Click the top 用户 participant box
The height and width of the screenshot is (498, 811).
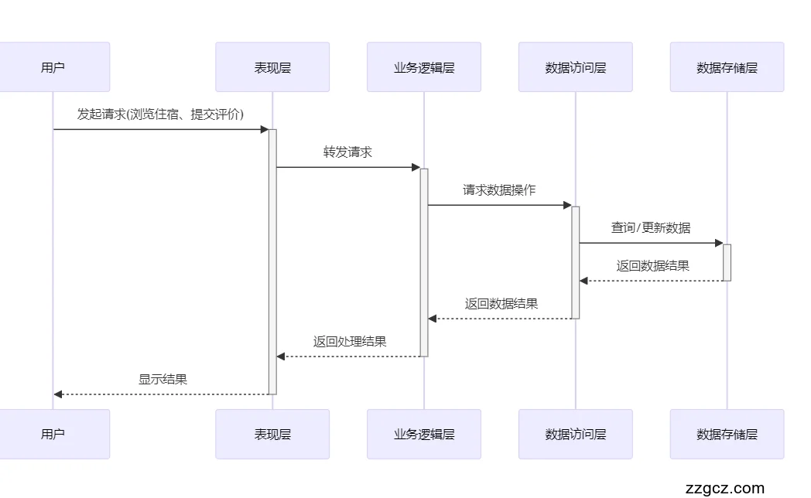[53, 67]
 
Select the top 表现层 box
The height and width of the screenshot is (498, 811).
[272, 67]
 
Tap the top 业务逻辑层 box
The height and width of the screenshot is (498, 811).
[424, 67]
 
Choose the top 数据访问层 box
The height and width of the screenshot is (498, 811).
[576, 67]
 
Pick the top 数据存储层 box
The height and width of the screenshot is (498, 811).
[727, 67]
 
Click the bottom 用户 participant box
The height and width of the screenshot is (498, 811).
[53, 434]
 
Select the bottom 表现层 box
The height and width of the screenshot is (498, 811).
[272, 434]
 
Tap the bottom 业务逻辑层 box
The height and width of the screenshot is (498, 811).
[424, 434]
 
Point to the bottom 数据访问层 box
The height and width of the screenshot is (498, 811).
[576, 434]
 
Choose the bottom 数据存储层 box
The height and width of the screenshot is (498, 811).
[727, 434]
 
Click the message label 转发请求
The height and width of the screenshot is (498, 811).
[347, 152]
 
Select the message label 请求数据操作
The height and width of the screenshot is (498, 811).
[499, 190]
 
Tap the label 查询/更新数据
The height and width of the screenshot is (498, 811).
[651, 228]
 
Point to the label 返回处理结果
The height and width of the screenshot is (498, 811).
[350, 342]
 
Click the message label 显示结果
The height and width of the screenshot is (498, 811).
[163, 380]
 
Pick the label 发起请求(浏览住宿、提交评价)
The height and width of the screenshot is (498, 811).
[160, 114]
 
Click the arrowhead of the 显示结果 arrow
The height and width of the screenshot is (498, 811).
[58, 394]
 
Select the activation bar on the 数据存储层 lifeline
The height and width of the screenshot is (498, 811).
[727, 262]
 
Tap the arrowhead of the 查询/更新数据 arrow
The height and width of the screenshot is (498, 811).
[718, 243]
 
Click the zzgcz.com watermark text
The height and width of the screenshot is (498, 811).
[724, 488]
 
